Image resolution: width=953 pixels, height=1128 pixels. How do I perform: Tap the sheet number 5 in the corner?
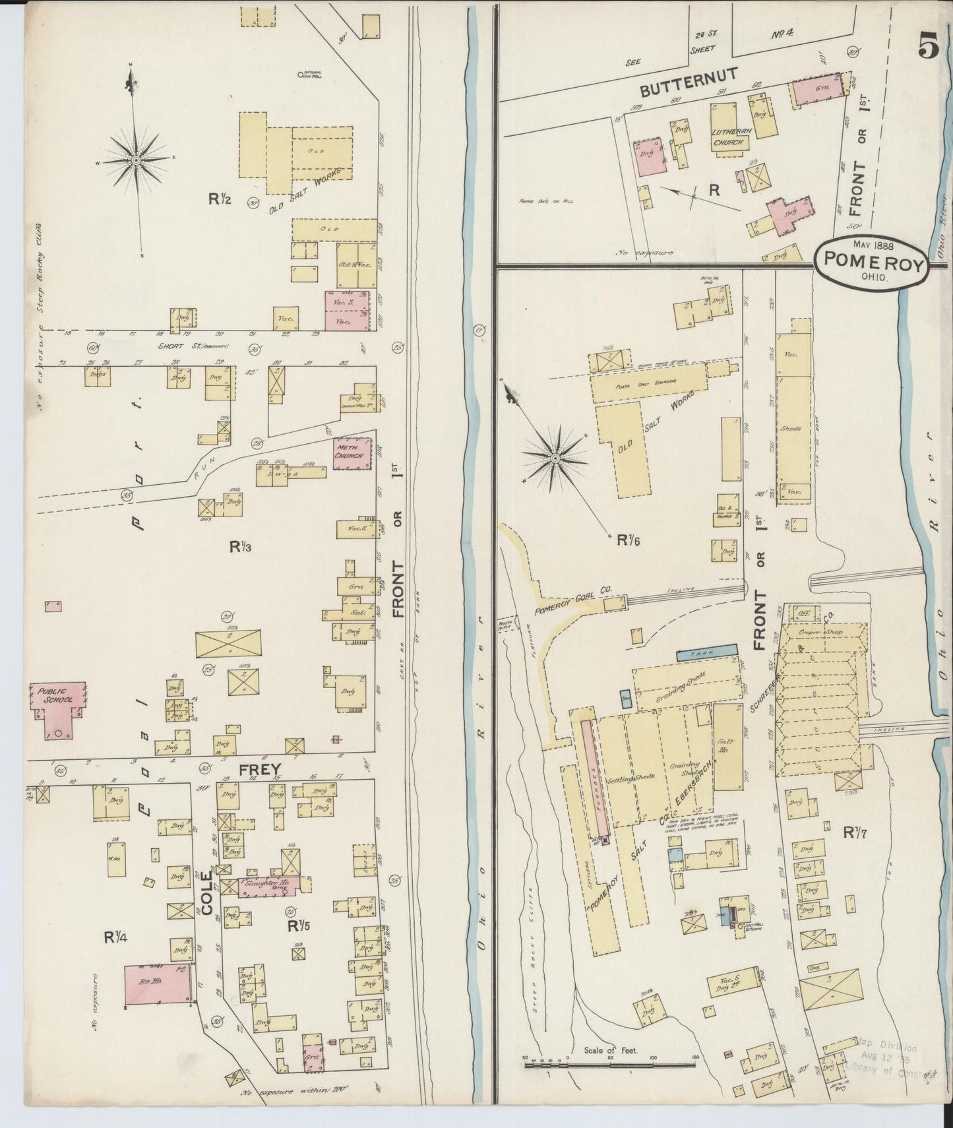927,48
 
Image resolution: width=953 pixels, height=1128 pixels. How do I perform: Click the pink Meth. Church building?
352,454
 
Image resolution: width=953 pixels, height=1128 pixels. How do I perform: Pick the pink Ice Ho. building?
157,986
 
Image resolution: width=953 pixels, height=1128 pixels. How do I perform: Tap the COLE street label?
207,893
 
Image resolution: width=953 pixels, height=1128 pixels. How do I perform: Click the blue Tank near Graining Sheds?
706,652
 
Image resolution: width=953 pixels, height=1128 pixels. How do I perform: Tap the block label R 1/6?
627,540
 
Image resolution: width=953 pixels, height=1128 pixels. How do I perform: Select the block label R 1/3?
241,546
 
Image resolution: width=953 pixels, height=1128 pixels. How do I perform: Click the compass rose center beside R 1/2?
135,160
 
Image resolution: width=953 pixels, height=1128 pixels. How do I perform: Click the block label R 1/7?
855,832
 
